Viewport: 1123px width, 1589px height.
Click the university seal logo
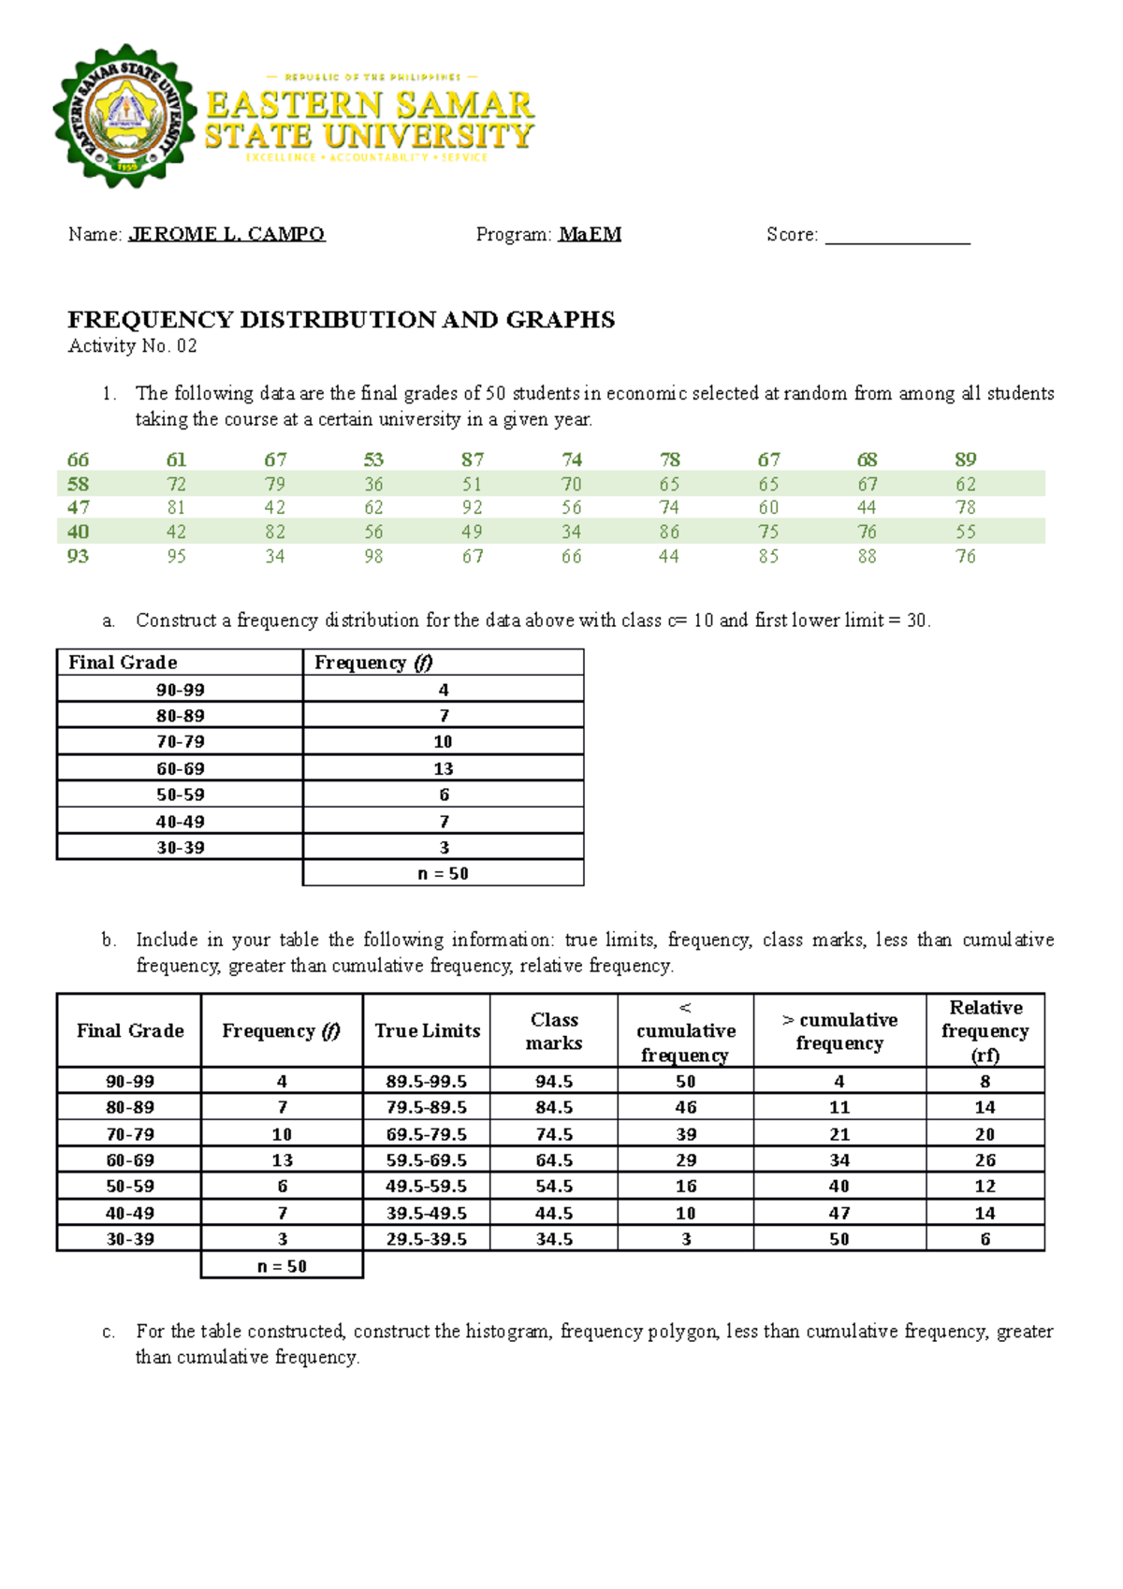click(x=124, y=115)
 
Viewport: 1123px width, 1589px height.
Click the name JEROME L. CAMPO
click(x=226, y=234)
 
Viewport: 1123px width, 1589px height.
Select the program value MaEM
click(x=590, y=234)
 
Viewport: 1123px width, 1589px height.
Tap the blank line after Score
click(x=897, y=236)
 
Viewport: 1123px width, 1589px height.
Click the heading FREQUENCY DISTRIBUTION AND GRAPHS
click(x=342, y=320)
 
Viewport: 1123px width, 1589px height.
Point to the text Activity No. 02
click(x=132, y=346)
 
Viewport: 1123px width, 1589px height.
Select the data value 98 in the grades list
click(x=373, y=557)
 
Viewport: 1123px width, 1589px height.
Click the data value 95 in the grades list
click(x=176, y=557)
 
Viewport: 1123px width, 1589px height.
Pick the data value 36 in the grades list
click(x=373, y=485)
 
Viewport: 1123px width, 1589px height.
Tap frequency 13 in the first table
click(x=443, y=768)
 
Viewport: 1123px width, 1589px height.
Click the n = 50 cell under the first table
click(x=443, y=873)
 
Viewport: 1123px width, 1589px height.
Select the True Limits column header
click(x=427, y=1030)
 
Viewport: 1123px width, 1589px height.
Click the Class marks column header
click(x=554, y=1030)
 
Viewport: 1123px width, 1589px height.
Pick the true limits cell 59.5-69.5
click(x=426, y=1159)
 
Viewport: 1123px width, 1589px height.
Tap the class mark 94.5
click(x=554, y=1081)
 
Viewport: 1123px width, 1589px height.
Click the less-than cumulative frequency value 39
click(x=686, y=1134)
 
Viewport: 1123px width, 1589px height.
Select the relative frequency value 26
click(x=984, y=1159)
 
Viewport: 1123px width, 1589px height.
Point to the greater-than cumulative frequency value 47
click(x=839, y=1213)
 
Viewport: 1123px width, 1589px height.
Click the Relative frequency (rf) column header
click(x=984, y=1030)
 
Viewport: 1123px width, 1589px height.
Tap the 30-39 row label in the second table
click(x=130, y=1239)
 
